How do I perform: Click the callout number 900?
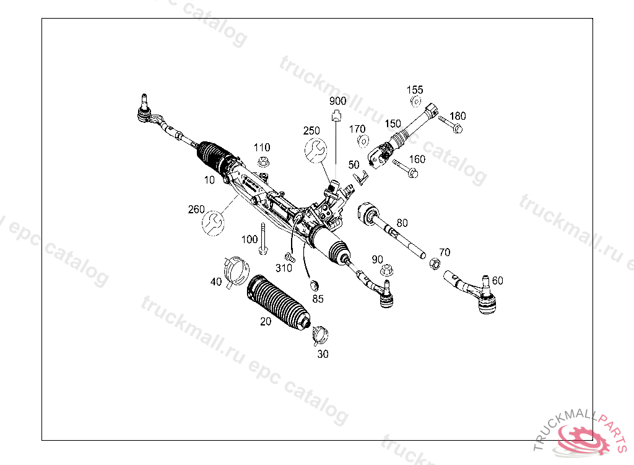(337, 101)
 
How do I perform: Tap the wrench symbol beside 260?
(213, 223)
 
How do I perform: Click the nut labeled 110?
(263, 162)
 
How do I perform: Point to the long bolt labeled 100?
(263, 239)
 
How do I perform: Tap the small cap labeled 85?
(314, 285)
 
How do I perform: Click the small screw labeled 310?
(289, 257)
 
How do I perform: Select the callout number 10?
(209, 180)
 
